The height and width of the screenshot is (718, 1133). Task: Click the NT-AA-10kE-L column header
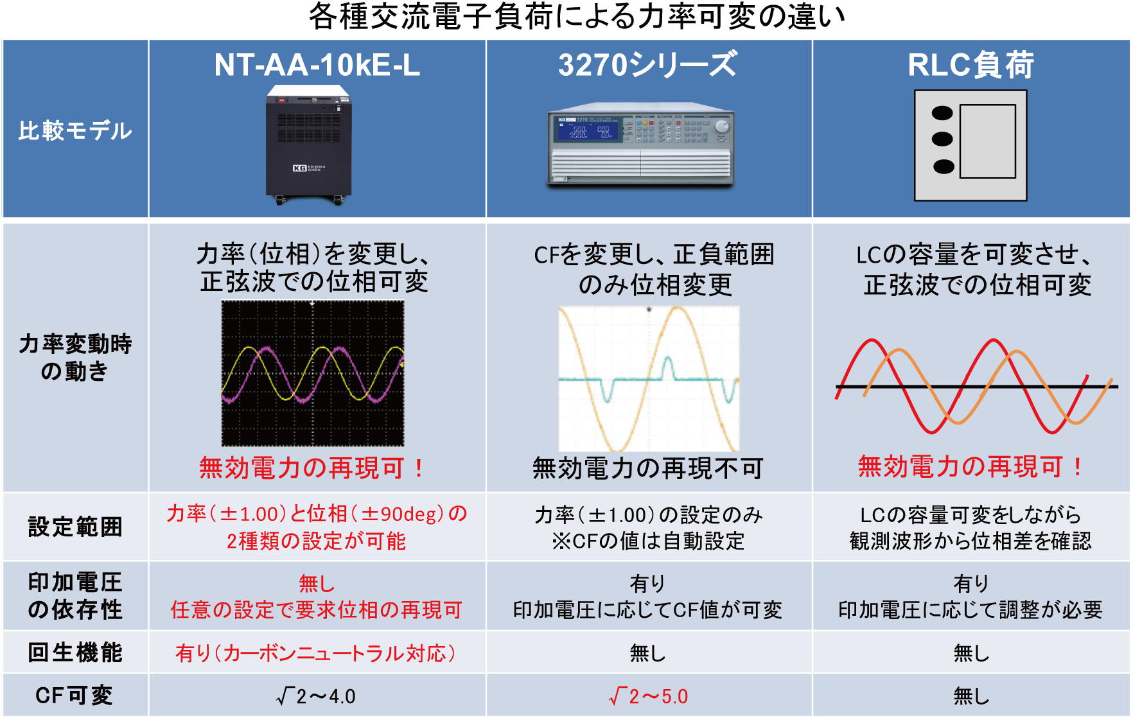coord(317,65)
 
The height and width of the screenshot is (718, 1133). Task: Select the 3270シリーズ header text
coord(647,65)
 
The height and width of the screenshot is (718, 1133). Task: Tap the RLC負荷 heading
coord(971,65)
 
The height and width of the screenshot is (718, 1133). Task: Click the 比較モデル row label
coord(75,131)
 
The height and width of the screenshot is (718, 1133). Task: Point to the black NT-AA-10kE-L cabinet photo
coord(308,144)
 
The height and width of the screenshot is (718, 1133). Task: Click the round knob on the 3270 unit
coord(722,126)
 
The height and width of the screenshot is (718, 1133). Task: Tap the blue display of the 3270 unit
coord(587,130)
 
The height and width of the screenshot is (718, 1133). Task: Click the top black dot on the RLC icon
coord(942,114)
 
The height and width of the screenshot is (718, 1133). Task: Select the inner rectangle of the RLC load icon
coord(987,141)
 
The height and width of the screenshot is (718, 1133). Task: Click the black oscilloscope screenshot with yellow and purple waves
coord(313,373)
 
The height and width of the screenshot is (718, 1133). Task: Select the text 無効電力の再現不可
coord(647,468)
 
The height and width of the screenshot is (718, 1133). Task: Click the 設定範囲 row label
coord(75,527)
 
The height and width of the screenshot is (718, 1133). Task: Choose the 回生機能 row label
coord(75,652)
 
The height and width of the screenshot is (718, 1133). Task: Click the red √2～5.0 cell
coord(649,696)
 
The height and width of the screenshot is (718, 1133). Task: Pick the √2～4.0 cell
coord(316,696)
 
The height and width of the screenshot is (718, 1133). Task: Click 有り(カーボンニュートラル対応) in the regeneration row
coord(316,653)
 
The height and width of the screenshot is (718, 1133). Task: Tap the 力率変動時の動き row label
coord(75,358)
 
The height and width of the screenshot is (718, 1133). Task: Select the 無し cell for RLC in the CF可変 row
coord(971,696)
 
